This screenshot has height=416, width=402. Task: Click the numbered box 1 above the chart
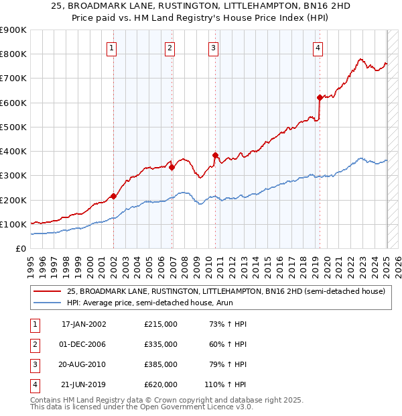pos(111,48)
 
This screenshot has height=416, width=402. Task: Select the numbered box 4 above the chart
pos(317,48)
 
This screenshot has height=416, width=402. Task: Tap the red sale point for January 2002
pos(113,197)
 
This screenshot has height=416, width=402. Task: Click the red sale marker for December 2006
pos(172,168)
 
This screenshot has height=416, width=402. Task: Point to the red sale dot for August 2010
pos(216,155)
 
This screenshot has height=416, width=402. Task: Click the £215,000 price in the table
pos(161,324)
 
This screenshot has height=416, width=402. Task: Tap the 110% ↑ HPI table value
pos(226,384)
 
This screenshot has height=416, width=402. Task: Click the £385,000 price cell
pos(161,364)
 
